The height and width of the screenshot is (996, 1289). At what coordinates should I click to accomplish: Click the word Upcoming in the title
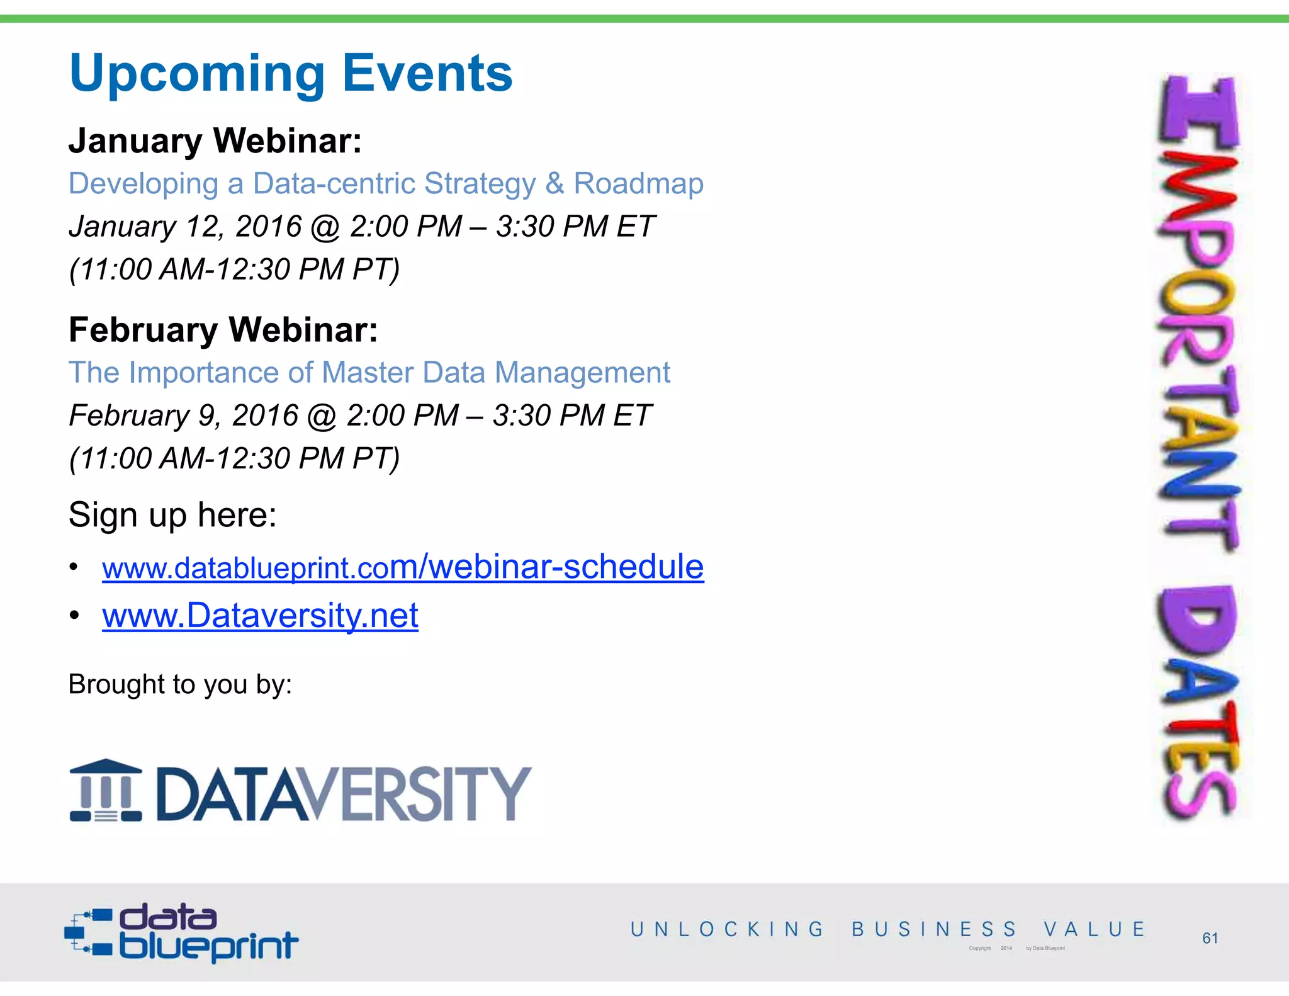pos(195,74)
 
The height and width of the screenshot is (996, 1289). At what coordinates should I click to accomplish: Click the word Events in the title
pos(427,73)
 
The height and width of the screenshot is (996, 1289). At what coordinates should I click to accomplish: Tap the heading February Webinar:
pos(223,330)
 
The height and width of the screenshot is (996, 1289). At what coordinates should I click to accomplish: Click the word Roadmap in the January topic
pos(638,184)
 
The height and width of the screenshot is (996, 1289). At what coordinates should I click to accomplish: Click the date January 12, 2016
pos(185,227)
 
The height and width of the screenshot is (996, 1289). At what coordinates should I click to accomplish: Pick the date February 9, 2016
pos(183,416)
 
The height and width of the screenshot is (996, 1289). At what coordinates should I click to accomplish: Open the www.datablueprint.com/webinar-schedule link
pos(403,567)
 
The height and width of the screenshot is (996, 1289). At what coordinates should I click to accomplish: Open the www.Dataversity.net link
pos(260,616)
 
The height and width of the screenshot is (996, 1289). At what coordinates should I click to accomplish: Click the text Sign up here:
pos(172,515)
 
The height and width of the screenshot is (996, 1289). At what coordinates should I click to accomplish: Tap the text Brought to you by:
pos(180,684)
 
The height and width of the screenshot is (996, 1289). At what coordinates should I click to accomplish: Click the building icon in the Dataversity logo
pos(106,791)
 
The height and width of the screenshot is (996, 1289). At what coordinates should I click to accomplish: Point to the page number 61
pos(1210,938)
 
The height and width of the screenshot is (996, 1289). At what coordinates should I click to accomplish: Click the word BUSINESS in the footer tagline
pos(934,929)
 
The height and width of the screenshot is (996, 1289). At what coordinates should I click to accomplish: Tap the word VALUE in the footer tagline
pos(1094,929)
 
